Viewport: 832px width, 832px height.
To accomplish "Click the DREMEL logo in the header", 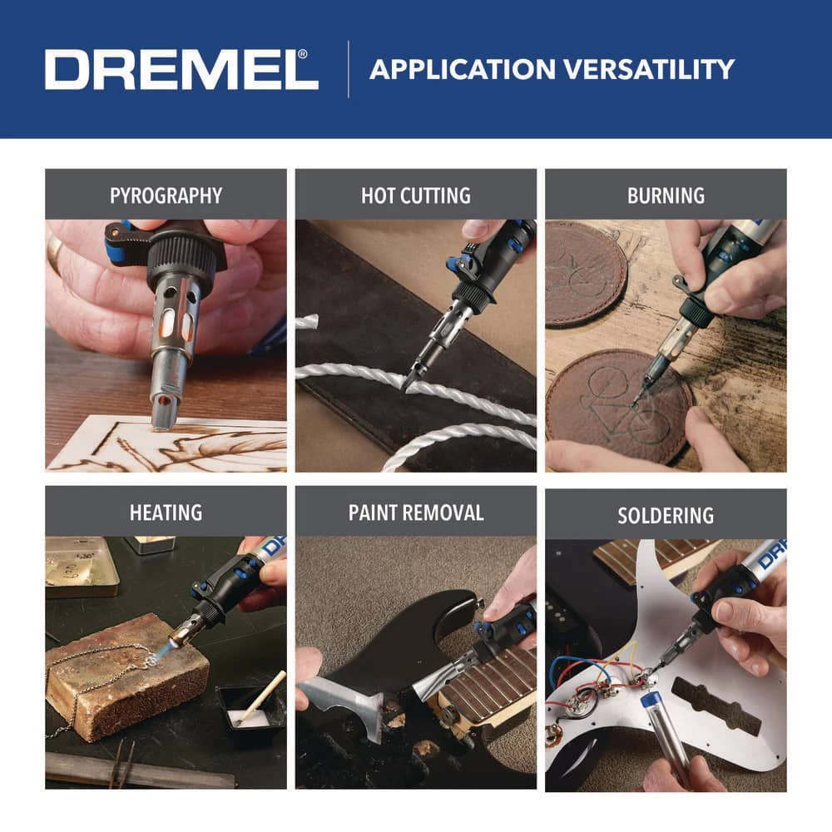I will pos(181,69).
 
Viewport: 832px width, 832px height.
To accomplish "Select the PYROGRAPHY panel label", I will pos(166,196).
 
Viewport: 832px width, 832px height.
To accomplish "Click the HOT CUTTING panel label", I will pos(415,196).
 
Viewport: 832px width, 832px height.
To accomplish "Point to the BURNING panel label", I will pos(666,196).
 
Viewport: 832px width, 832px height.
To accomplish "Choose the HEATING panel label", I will pos(166,512).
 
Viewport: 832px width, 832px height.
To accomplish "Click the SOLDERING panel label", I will pos(666,515).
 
